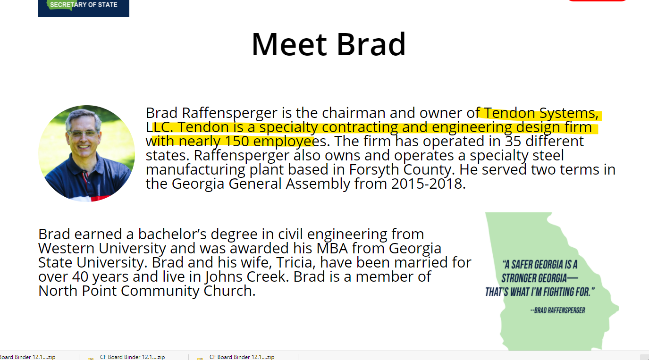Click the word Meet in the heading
point(289,44)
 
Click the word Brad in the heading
point(371,44)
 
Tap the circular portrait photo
point(86,153)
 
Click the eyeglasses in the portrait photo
point(83,134)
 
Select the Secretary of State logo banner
point(84,8)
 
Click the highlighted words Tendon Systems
point(541,113)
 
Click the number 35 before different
point(513,142)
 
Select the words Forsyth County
point(400,170)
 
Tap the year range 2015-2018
point(428,184)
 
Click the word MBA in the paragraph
point(332,249)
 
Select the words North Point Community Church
point(147,291)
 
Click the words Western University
point(102,249)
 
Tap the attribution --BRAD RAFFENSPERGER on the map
point(558,310)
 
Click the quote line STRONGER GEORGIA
point(540,278)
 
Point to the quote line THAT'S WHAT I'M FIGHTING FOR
point(540,292)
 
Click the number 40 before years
point(80,277)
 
